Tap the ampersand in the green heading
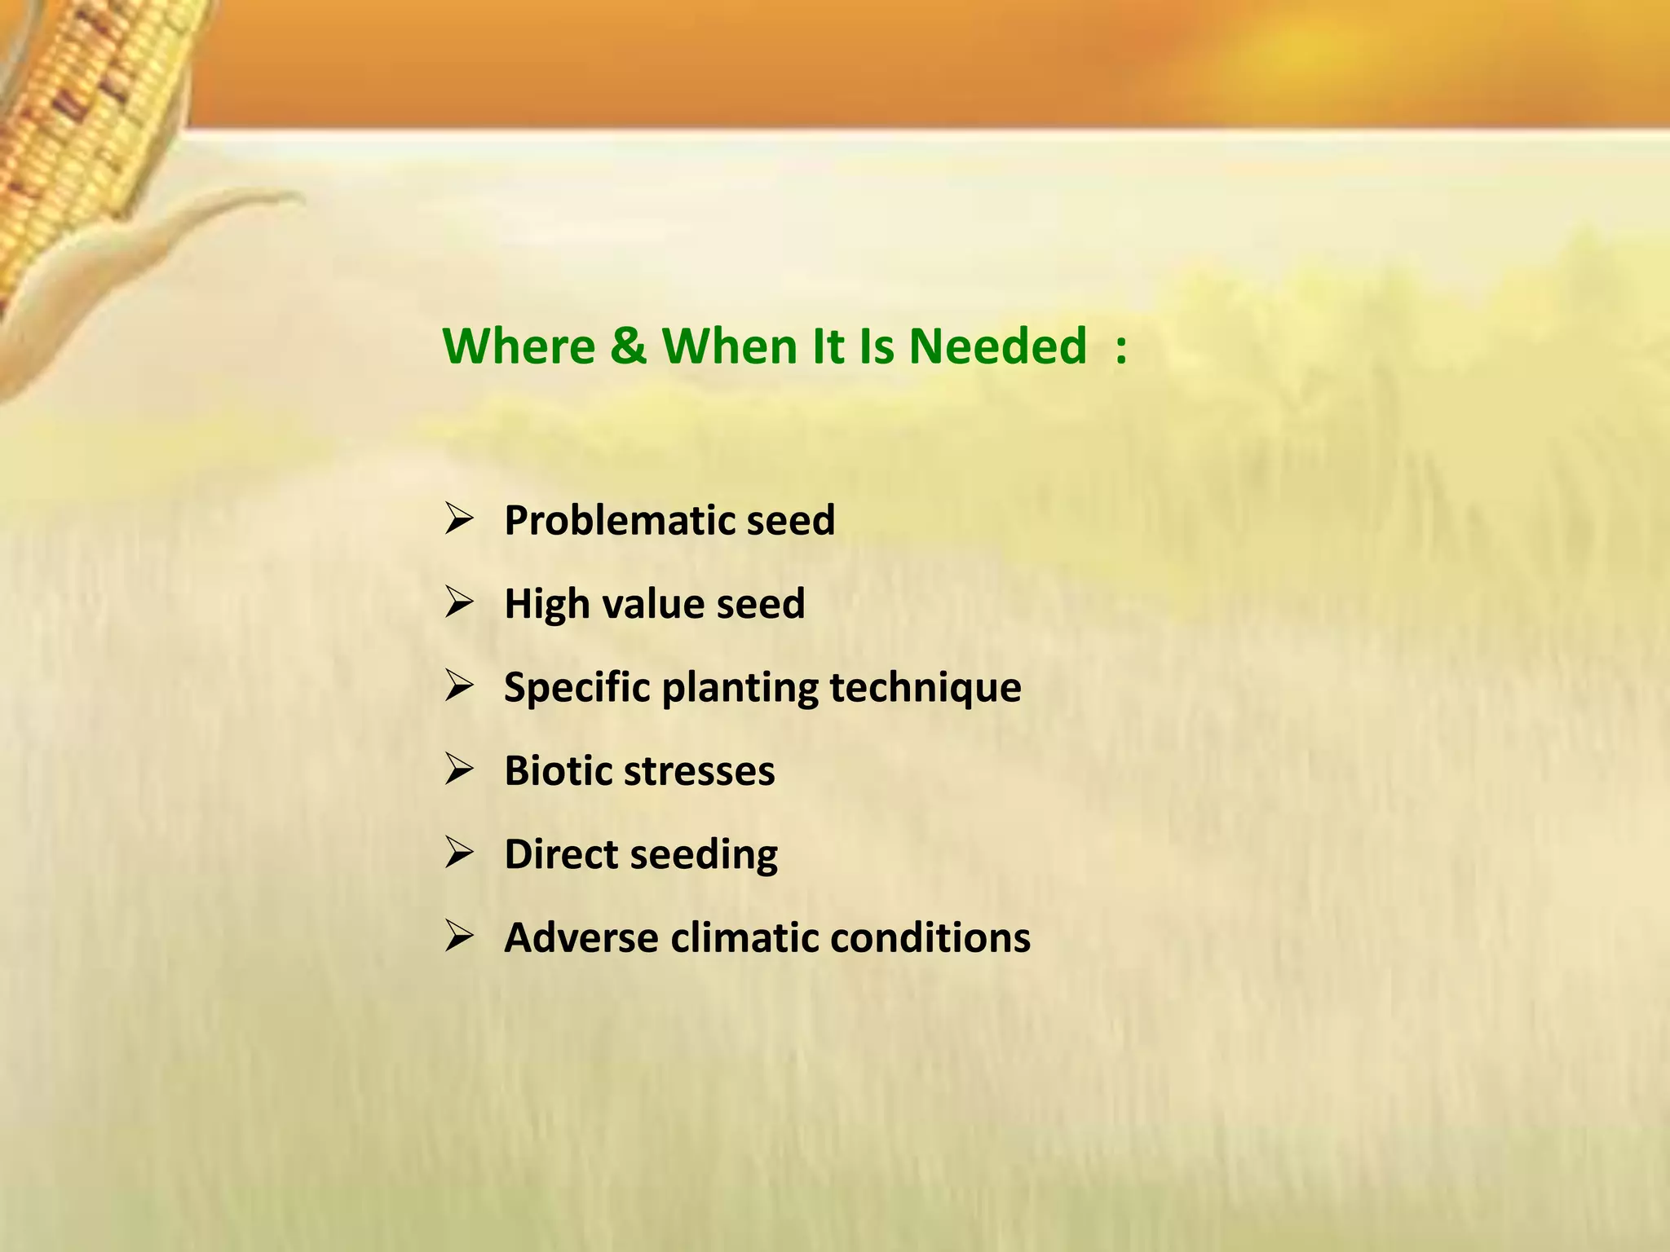(x=628, y=346)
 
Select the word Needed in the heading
(x=997, y=346)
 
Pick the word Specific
(x=577, y=687)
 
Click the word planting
(x=739, y=687)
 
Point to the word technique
(x=925, y=687)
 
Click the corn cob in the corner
(x=90, y=106)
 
